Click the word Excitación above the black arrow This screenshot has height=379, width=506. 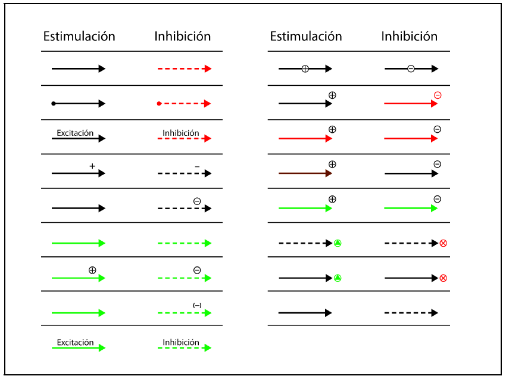pyautogui.click(x=75, y=133)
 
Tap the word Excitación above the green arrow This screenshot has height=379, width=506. pyautogui.click(x=75, y=343)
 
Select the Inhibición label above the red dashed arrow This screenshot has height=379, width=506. pyautogui.click(x=181, y=133)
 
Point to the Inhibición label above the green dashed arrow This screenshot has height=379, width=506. pyautogui.click(x=181, y=343)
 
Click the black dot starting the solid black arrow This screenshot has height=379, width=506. pyautogui.click(x=54, y=104)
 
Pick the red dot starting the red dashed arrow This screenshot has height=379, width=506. pyautogui.click(x=159, y=104)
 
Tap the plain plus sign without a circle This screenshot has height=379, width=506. pyautogui.click(x=92, y=166)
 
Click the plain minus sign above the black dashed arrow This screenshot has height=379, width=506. pyautogui.click(x=197, y=166)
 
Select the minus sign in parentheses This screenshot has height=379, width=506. pyautogui.click(x=197, y=305)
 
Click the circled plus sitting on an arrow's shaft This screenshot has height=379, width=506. pyautogui.click(x=305, y=69)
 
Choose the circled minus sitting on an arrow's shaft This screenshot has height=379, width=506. pyautogui.click(x=411, y=69)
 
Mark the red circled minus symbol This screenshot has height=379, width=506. pyautogui.click(x=438, y=95)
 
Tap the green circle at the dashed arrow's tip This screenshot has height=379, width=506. pyautogui.click(x=338, y=243)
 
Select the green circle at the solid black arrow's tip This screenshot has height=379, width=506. pyautogui.click(x=338, y=278)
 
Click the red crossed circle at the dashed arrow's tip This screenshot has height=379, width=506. pyautogui.click(x=443, y=243)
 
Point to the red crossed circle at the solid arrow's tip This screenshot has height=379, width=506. pyautogui.click(x=443, y=278)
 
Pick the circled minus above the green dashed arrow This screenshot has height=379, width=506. pyautogui.click(x=197, y=270)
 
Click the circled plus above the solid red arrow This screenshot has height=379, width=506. pyautogui.click(x=332, y=129)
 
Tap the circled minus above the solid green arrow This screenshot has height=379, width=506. pyautogui.click(x=438, y=199)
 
